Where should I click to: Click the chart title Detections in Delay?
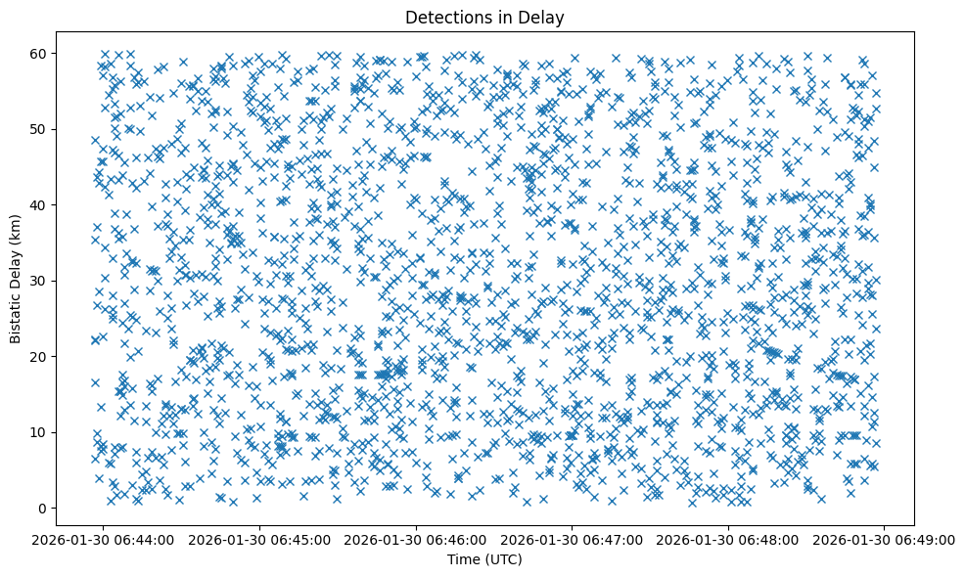484,17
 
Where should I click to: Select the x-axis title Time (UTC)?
484,559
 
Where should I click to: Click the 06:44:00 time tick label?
105,539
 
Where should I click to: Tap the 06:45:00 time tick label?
261,539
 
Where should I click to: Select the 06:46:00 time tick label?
417,539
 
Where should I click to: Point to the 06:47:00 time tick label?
574,539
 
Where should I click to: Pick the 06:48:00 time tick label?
729,539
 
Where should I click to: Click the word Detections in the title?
444,17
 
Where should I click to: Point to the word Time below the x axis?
463,559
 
